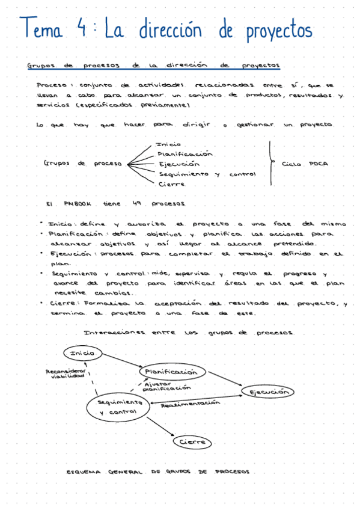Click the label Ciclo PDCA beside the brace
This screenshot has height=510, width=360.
coord(305,164)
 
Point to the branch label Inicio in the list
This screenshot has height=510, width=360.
coord(168,144)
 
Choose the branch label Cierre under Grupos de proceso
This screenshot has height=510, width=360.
coord(172,184)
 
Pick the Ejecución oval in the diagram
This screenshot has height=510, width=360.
coord(268,392)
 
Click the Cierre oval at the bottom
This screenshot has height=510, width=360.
coord(192,442)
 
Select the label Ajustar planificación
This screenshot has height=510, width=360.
coord(162,386)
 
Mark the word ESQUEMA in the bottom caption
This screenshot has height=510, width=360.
coord(85,472)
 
